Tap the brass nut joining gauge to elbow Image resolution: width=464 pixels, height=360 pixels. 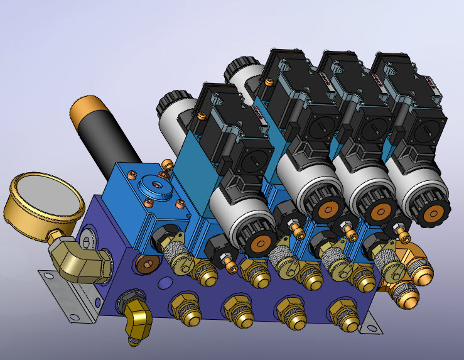56,235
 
